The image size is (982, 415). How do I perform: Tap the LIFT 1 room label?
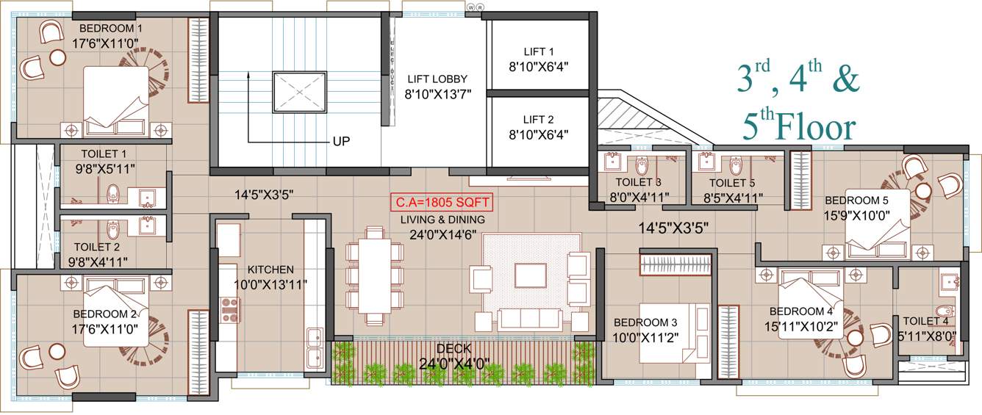click(x=539, y=52)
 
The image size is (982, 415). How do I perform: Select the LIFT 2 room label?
click(x=539, y=120)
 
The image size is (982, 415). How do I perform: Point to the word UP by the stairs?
click(x=342, y=140)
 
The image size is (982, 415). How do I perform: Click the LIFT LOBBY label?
click(x=437, y=79)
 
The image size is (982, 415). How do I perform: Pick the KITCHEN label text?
click(x=270, y=270)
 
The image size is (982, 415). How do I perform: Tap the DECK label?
click(x=453, y=348)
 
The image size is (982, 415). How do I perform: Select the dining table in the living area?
click(x=375, y=275)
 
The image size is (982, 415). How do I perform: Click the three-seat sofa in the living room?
click(x=529, y=318)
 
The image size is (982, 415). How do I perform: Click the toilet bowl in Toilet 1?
click(x=112, y=195)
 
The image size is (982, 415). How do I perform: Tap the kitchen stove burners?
click(x=229, y=310)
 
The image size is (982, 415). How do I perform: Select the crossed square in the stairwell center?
click(x=300, y=93)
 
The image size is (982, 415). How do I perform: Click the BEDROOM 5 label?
click(x=856, y=200)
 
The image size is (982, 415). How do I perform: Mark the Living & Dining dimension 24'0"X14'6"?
click(x=442, y=235)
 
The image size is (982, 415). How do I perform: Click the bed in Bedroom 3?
click(x=673, y=333)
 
